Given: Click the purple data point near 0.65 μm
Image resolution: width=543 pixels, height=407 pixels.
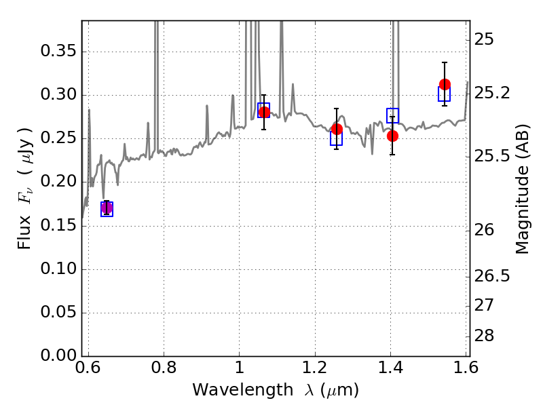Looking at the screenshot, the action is coord(107,208).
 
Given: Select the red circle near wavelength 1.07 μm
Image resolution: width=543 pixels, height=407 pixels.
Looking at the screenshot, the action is coord(264,112).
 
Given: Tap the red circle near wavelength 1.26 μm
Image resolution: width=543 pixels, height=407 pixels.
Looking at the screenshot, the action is coord(337,129).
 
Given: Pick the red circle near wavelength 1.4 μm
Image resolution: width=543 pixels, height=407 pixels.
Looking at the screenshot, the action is coord(392,136).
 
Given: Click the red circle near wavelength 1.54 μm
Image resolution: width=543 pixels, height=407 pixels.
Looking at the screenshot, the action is coord(445,84).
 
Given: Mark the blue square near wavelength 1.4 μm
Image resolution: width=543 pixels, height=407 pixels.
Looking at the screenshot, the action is coord(393,115).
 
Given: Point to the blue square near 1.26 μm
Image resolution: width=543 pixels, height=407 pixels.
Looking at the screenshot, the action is coord(336,138).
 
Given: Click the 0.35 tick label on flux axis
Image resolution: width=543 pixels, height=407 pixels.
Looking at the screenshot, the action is coord(58,51).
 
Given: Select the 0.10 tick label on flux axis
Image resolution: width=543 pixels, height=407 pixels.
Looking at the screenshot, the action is coord(58,269).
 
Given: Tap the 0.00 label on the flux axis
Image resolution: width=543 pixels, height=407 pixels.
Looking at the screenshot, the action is coord(58,355).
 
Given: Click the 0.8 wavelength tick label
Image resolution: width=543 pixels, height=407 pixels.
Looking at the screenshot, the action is coord(164,368).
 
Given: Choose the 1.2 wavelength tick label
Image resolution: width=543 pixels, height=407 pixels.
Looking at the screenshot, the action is coord(315,368).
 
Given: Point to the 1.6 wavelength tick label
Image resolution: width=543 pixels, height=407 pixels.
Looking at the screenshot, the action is coord(466,368).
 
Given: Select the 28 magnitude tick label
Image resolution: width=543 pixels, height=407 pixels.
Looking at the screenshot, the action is coord(484,336).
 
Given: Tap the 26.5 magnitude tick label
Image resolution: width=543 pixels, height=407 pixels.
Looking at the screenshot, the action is coord(491,276).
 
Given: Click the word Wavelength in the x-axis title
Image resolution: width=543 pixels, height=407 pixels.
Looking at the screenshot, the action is coord(243,390).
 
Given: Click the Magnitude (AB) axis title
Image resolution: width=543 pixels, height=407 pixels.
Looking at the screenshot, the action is coord(522,189).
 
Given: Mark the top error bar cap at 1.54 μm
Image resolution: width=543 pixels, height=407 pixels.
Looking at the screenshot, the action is coord(445,62).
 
